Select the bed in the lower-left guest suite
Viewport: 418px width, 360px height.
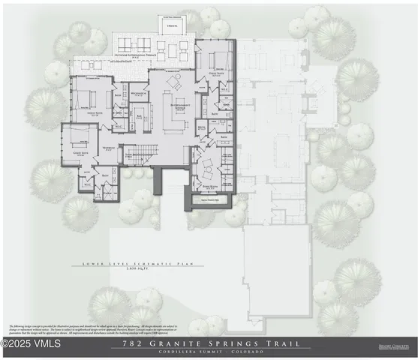(x=75, y=139)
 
